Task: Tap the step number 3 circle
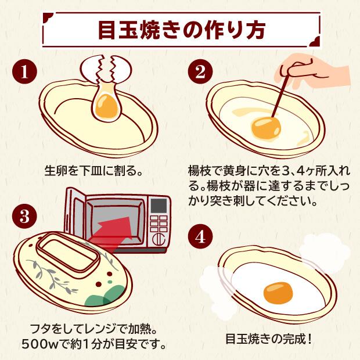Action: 24,217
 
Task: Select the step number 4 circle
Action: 199,237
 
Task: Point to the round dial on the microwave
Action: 158,239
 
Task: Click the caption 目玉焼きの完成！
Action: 268,339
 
